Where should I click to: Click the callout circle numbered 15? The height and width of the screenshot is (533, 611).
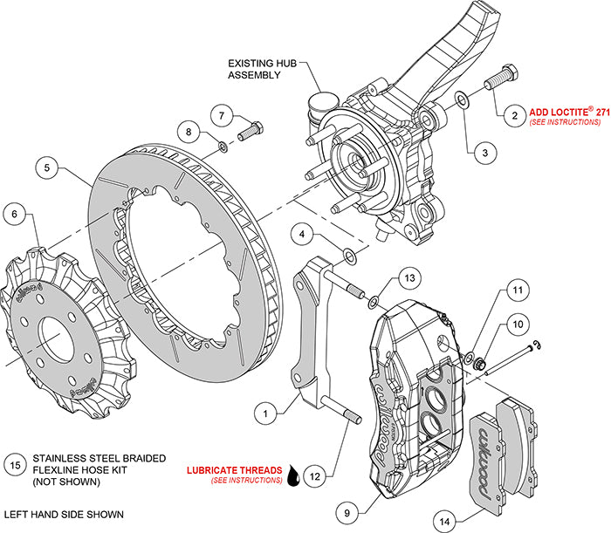coord(14,464)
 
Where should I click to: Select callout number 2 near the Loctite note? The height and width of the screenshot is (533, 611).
coord(515,115)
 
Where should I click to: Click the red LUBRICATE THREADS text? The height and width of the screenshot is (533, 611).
coord(232,469)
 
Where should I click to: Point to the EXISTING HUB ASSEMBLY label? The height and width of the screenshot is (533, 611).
coord(254,70)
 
